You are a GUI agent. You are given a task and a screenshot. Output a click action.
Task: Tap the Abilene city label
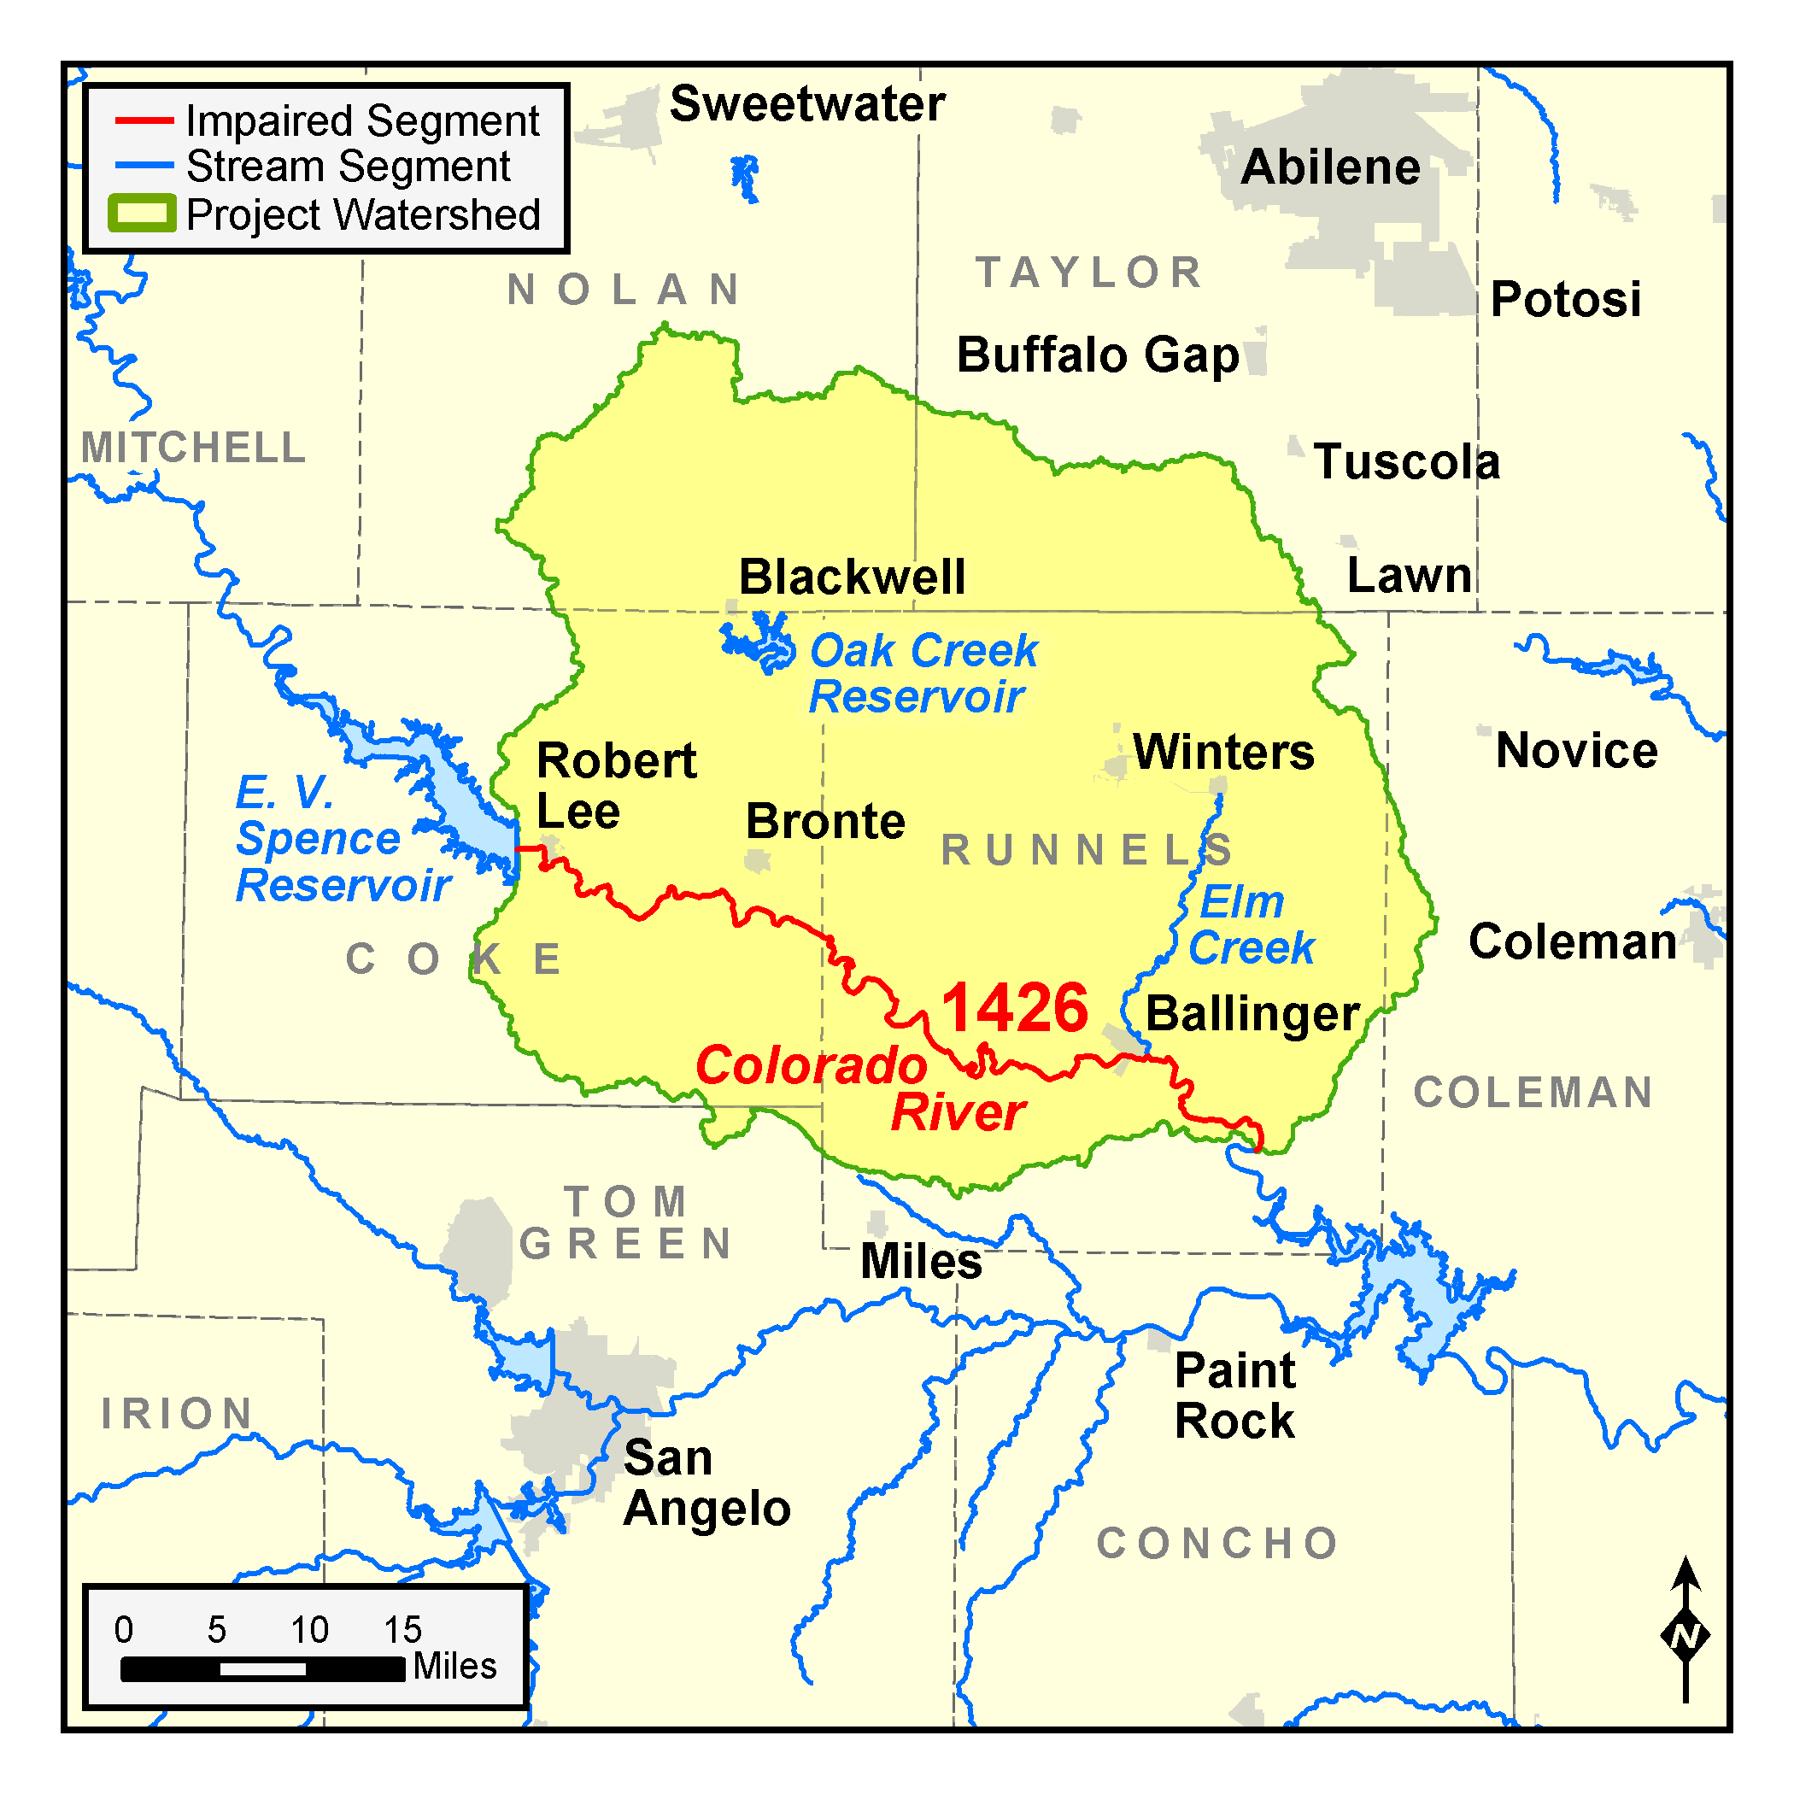1330,167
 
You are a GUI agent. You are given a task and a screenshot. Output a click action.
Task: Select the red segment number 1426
1014,1008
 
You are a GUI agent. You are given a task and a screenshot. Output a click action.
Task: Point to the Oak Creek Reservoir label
922,673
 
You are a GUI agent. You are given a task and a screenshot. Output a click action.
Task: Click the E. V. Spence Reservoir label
342,839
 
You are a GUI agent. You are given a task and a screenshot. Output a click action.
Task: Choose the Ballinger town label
1252,1013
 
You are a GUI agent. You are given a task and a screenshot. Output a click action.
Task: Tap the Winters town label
1223,751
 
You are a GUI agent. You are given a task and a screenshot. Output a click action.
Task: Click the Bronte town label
824,821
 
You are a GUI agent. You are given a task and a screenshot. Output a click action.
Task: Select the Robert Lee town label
616,786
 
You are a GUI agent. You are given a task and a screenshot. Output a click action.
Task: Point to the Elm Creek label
1251,925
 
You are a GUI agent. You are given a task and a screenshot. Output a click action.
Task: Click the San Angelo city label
706,1483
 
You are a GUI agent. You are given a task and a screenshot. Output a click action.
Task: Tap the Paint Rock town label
1234,1395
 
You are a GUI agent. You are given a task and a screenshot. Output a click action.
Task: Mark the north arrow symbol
1686,1635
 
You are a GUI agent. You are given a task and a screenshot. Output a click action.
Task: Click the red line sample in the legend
144,120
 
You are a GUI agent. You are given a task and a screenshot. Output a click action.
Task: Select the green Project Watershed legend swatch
141,214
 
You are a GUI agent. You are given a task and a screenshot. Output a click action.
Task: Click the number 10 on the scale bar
309,1630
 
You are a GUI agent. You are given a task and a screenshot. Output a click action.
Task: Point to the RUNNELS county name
1087,850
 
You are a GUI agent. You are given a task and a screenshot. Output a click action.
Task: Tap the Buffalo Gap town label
1098,355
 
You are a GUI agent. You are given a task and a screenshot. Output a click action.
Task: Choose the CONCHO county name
1217,1544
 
